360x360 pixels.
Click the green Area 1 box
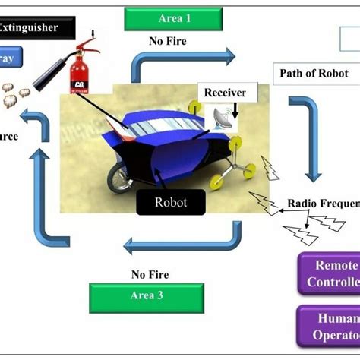(175, 18)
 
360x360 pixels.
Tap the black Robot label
(172, 202)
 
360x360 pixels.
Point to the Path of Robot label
(312, 74)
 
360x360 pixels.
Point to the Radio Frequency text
(323, 203)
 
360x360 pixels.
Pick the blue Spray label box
(18, 58)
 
